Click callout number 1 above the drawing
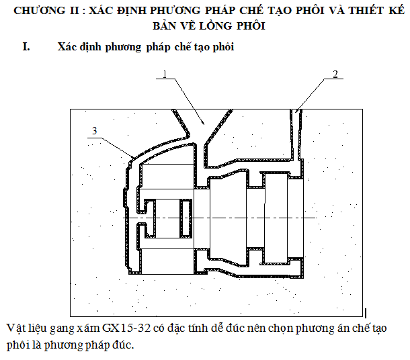coord(164,75)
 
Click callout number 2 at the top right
coord(335,75)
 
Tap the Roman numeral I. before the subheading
coord(26,48)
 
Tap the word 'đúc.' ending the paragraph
coord(121,346)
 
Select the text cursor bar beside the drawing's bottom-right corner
coord(365,313)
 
